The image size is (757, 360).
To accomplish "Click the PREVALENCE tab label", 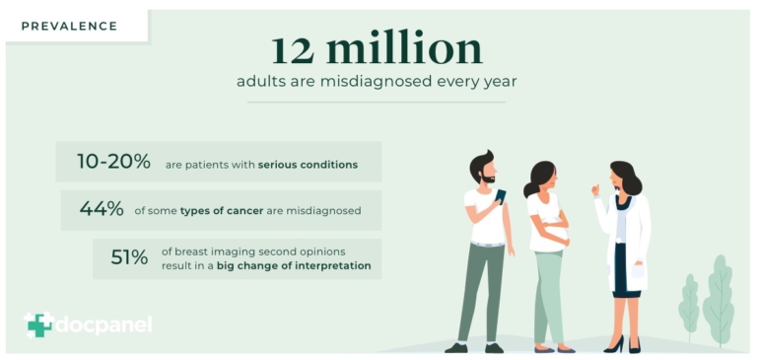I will [68, 26].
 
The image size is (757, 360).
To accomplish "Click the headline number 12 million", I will [378, 49].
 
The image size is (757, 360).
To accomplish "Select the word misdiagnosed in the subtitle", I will [376, 81].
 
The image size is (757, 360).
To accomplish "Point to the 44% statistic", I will [102, 209].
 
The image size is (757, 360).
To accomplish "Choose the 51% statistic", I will [129, 257].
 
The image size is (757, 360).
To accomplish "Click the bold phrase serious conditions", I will [308, 164].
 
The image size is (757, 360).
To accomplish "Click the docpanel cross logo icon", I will [38, 324].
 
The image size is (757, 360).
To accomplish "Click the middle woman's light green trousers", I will [548, 296].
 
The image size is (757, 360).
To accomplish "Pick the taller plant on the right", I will [720, 296].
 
